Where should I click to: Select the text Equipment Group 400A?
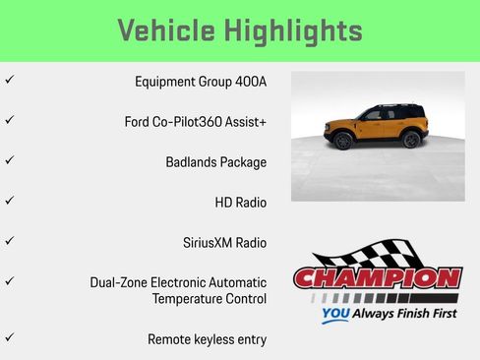(x=201, y=82)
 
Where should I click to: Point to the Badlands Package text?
(x=215, y=162)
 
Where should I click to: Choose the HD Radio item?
(x=240, y=203)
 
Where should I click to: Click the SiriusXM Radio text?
(x=224, y=242)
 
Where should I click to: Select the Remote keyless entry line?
(x=207, y=339)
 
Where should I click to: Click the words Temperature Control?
(x=209, y=298)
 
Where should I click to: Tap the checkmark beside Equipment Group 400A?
(x=10, y=80)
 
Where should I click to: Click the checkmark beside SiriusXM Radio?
(x=10, y=240)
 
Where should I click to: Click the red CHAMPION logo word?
(x=378, y=278)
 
